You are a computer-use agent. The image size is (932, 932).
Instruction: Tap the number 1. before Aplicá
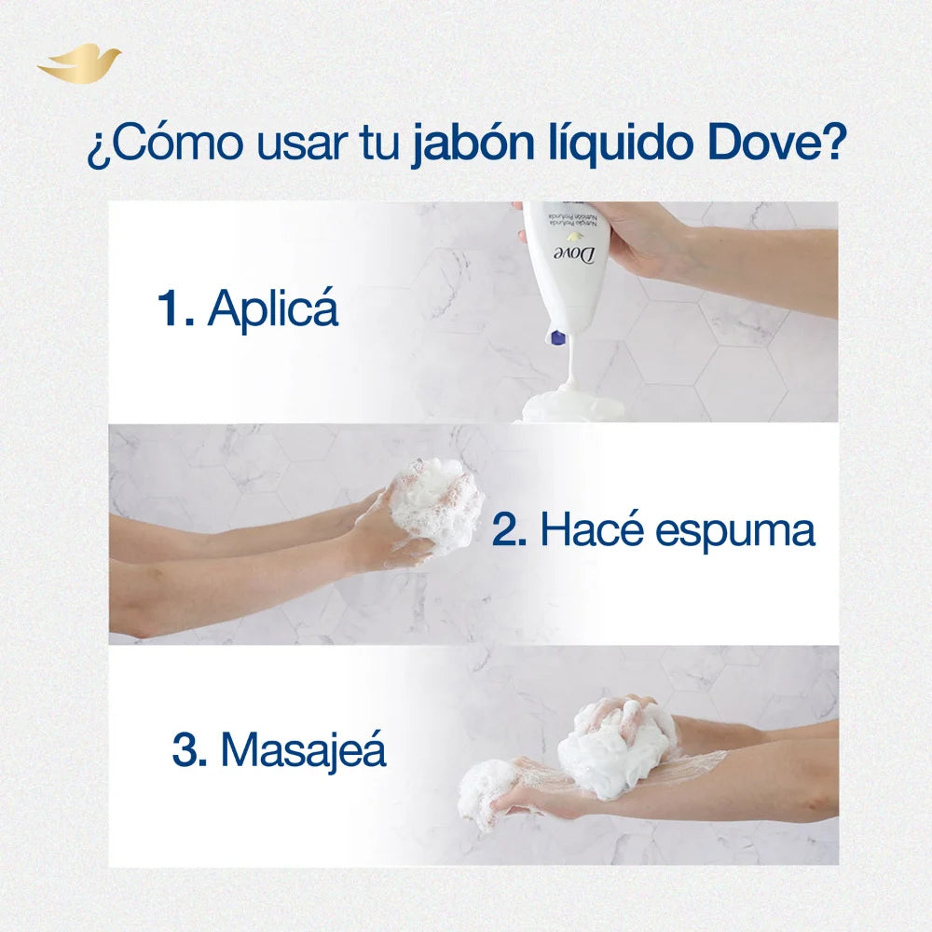[x=175, y=308]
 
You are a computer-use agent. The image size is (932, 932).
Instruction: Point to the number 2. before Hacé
[x=511, y=531]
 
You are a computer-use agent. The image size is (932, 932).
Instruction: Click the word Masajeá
[x=303, y=750]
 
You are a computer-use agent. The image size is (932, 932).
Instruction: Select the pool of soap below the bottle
[x=571, y=407]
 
